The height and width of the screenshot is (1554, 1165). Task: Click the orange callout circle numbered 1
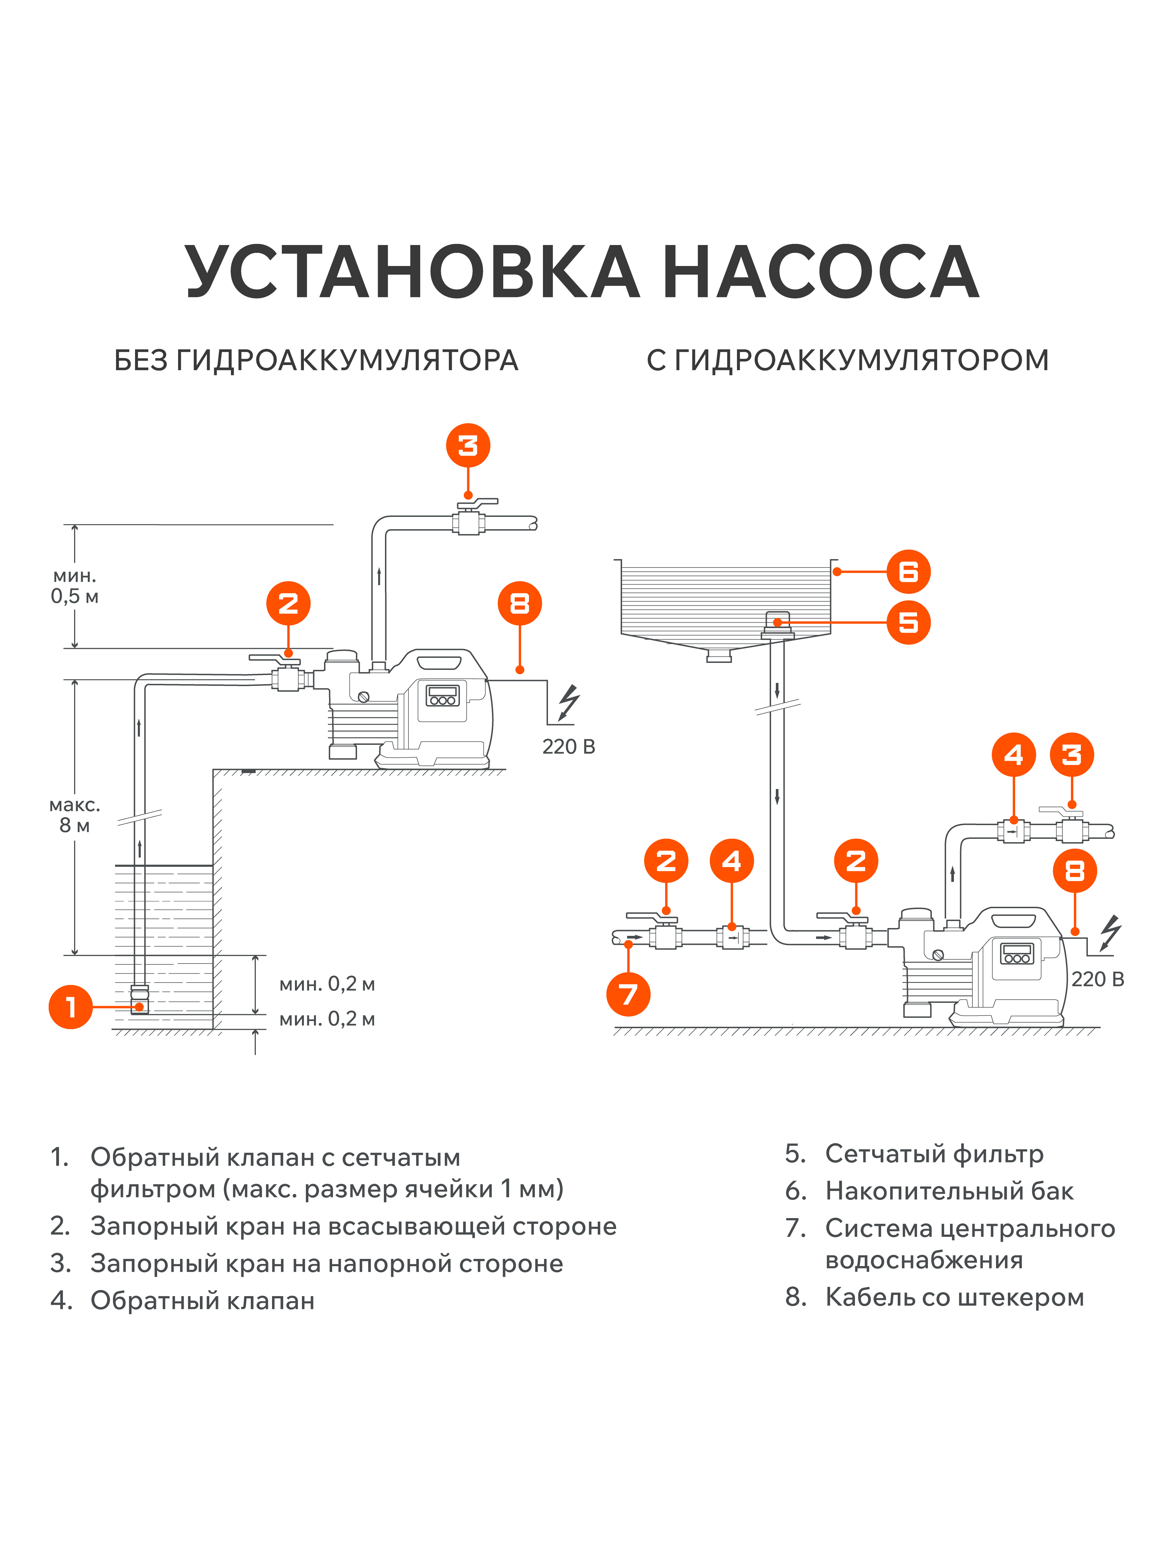click(x=70, y=1007)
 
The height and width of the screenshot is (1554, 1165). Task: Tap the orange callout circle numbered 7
click(x=628, y=994)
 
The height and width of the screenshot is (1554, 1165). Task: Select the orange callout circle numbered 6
click(x=908, y=572)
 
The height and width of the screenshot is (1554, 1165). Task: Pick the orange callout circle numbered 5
click(x=908, y=622)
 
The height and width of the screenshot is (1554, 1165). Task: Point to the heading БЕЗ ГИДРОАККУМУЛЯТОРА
click(x=316, y=361)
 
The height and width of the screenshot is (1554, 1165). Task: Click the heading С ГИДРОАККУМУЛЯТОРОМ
click(x=848, y=361)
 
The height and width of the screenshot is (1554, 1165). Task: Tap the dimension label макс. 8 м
click(x=74, y=815)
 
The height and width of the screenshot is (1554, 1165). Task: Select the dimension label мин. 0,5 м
click(x=74, y=586)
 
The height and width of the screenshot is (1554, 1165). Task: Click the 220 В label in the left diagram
click(x=568, y=747)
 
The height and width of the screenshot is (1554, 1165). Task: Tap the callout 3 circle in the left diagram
click(x=468, y=445)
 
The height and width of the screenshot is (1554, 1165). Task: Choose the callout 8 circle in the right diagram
click(x=1074, y=871)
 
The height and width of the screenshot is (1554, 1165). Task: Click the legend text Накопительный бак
click(x=949, y=1192)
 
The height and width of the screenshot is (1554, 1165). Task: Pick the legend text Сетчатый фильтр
click(x=934, y=1154)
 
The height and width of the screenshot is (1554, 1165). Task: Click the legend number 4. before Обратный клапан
click(x=61, y=1300)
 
